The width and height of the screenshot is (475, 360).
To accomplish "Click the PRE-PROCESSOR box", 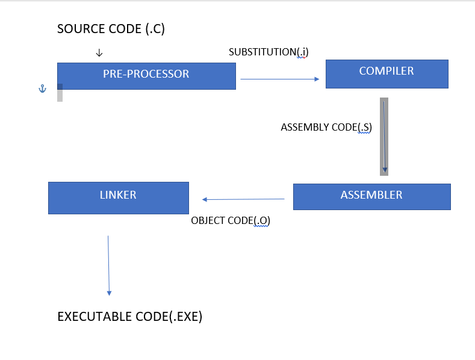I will (146, 75).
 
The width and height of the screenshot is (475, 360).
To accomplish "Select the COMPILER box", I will (387, 73).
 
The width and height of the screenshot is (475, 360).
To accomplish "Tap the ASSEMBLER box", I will (371, 196).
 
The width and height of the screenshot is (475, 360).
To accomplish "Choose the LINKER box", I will (118, 197).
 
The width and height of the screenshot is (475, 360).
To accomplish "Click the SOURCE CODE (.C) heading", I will (111, 29).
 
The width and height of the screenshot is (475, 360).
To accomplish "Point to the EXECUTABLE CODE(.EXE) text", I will (129, 317).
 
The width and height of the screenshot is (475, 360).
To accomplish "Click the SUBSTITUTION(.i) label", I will (269, 52).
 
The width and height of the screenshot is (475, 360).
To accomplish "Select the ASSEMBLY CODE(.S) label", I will (326, 128).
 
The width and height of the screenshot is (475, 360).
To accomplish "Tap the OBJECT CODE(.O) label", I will (231, 220).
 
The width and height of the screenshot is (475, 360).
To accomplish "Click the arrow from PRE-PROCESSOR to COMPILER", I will (279, 79).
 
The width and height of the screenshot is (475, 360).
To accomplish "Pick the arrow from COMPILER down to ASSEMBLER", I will (384, 137).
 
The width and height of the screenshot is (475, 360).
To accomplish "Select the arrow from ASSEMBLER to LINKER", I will (243, 199).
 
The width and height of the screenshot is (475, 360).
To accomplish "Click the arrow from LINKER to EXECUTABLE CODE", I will (108, 265).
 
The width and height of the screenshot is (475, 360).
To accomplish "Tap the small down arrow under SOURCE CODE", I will (99, 54).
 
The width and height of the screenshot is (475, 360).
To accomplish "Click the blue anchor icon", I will (42, 89).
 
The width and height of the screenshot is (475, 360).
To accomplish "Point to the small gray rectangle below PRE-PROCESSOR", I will (60, 93).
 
